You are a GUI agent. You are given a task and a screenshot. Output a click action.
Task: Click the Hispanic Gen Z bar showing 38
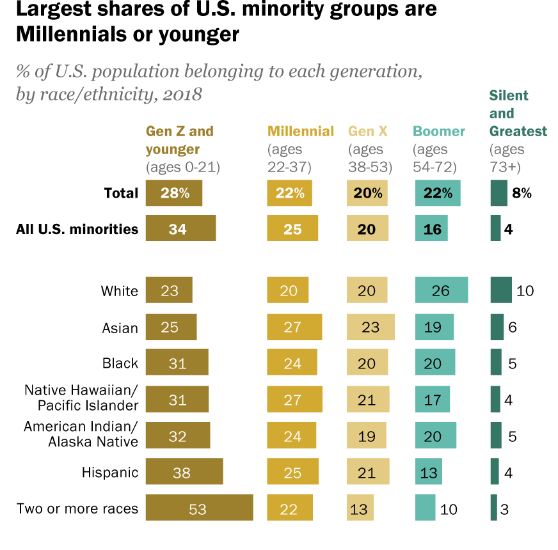click(184, 472)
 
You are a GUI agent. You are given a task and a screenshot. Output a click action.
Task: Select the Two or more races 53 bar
click(199, 508)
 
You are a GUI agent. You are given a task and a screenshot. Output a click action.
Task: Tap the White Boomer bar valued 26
click(441, 290)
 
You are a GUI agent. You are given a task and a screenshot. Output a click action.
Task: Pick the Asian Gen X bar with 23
click(371, 327)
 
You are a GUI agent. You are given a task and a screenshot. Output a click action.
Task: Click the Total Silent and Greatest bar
click(499, 193)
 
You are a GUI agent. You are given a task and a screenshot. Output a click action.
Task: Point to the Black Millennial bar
click(292, 362)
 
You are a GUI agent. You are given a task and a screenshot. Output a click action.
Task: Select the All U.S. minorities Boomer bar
click(431, 228)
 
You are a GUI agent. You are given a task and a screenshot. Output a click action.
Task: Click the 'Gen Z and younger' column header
click(180, 140)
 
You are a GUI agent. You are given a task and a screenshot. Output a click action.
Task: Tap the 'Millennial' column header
click(301, 131)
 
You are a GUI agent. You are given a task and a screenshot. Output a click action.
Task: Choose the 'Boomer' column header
click(439, 131)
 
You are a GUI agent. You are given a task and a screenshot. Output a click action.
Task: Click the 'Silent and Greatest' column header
click(518, 113)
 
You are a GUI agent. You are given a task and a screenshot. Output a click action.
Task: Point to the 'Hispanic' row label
click(110, 473)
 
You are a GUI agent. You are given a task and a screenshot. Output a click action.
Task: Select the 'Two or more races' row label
click(77, 508)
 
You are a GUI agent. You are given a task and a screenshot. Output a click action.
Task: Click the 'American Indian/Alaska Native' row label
click(81, 434)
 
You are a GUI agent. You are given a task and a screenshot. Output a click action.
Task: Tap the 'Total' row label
click(122, 193)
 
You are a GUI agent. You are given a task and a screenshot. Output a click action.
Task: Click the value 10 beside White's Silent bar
click(525, 291)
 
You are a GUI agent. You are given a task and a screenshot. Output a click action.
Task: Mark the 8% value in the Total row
click(522, 193)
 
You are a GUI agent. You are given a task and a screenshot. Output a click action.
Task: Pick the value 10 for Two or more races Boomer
click(449, 509)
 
